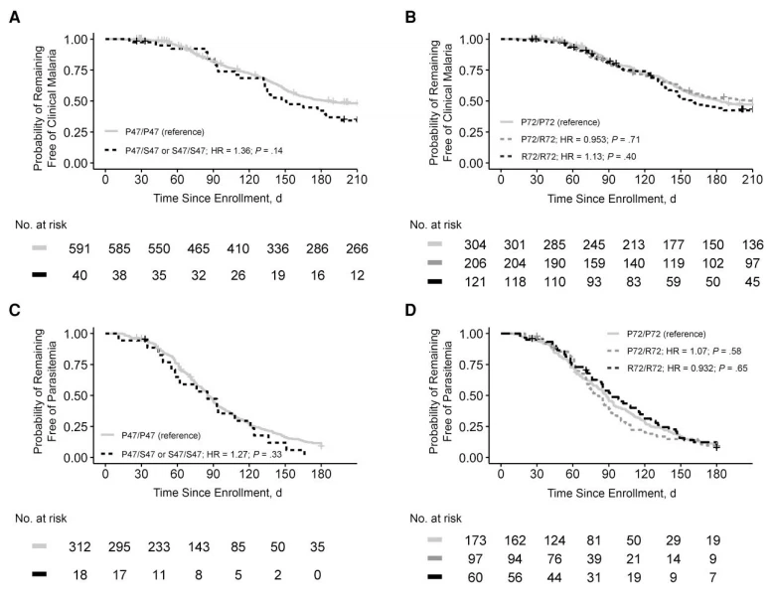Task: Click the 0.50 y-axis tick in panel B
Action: tap(477, 101)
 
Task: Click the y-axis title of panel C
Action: tap(50, 394)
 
